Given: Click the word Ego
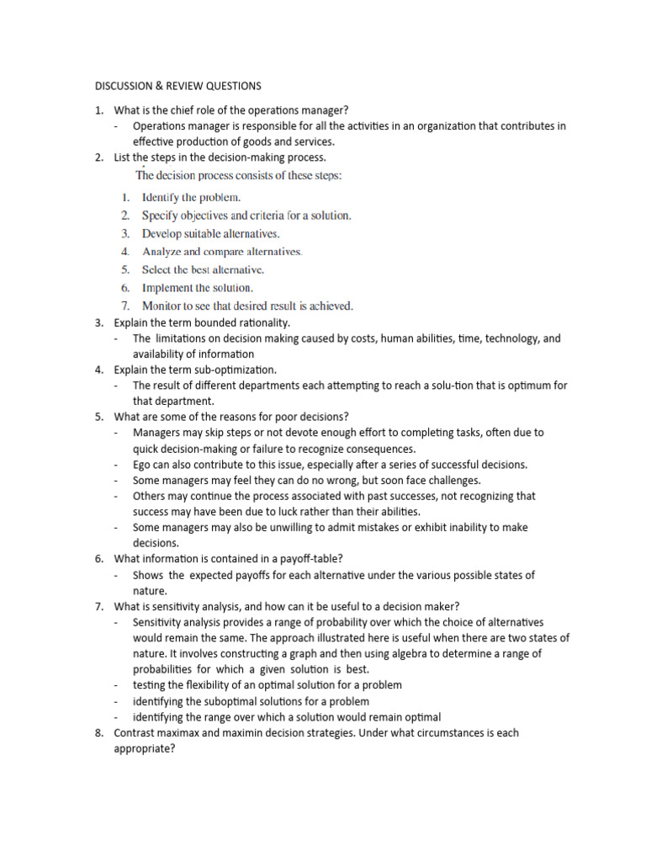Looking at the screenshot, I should tap(142, 465).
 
